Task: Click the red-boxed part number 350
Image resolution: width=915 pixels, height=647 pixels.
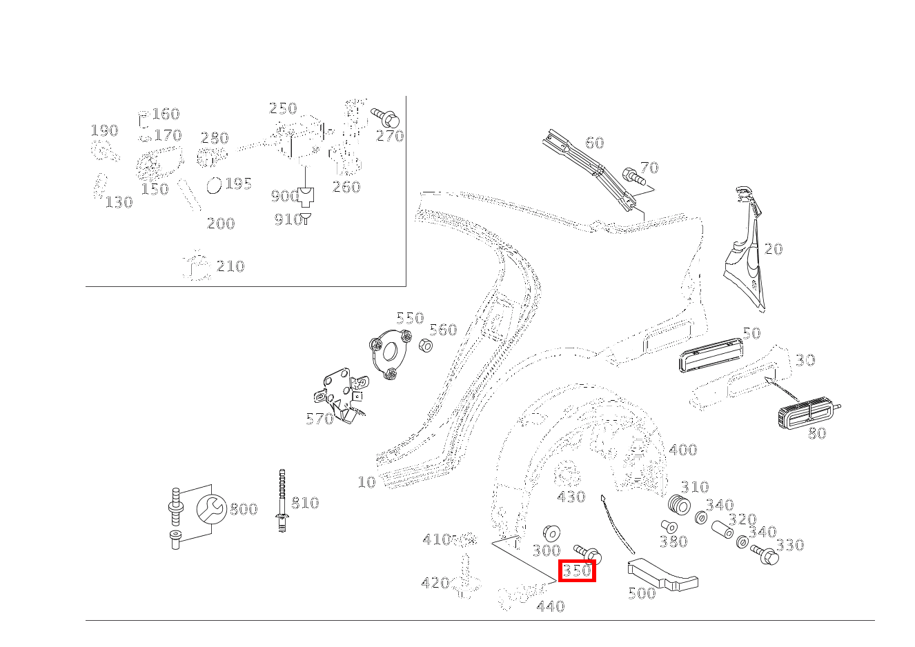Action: (577, 570)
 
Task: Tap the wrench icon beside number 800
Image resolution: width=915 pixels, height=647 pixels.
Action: (211, 509)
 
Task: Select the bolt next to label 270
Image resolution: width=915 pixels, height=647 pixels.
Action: (385, 118)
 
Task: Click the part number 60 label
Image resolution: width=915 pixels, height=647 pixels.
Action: (594, 143)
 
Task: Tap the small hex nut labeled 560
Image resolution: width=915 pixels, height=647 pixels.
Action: (426, 346)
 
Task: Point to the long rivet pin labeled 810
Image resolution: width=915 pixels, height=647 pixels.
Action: (282, 501)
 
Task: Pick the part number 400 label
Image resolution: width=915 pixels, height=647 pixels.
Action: (683, 450)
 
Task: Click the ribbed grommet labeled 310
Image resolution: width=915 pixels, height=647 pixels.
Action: (679, 505)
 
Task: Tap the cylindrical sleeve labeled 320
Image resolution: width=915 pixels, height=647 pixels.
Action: (723, 530)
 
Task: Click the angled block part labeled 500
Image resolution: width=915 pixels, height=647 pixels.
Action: (662, 575)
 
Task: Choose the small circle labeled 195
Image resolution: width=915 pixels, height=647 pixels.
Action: (214, 186)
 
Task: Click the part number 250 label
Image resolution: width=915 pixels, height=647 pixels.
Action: (283, 108)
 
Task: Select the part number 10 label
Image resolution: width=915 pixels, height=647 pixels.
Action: (366, 483)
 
